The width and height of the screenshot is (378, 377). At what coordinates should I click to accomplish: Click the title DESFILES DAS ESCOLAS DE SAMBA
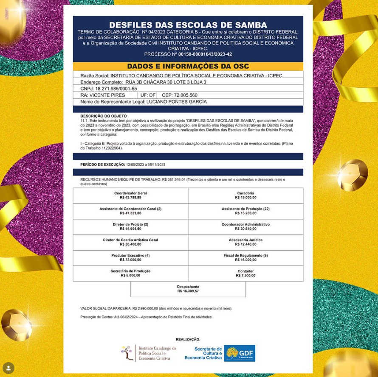188,25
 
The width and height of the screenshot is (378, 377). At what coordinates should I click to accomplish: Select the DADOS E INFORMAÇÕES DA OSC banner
188,67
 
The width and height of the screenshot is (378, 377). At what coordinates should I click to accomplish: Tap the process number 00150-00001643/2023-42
205,54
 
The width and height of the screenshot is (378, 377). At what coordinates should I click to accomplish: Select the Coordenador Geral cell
130,195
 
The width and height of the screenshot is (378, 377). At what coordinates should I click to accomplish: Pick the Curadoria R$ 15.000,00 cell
245,195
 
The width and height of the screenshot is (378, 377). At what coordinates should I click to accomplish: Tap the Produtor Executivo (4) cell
130,258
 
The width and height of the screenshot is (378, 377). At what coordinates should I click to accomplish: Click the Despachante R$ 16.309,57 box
188,289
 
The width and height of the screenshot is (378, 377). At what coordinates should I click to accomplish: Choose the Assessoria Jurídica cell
245,242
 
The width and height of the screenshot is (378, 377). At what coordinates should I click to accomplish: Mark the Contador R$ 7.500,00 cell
245,274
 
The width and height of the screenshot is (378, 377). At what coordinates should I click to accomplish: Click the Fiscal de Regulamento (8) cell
245,258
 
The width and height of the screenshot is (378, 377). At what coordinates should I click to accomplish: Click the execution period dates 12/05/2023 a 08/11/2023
146,165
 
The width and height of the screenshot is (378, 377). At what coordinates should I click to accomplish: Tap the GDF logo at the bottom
240,353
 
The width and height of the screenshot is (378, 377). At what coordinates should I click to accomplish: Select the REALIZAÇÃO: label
188,339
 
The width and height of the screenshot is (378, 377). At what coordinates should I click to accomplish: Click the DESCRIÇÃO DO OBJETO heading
103,116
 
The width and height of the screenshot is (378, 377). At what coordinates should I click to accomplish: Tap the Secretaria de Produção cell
130,274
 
